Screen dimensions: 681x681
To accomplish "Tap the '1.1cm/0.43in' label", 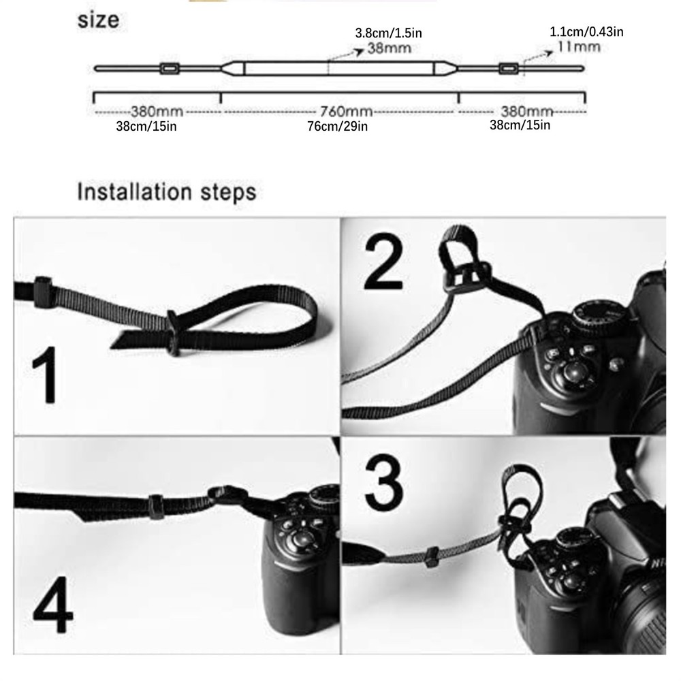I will (586, 31).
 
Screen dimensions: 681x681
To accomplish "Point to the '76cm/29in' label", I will (338, 126).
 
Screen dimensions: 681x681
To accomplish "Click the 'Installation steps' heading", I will (167, 191).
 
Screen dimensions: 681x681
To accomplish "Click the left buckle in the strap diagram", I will (168, 68).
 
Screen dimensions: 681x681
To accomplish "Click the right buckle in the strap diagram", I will (508, 68).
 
